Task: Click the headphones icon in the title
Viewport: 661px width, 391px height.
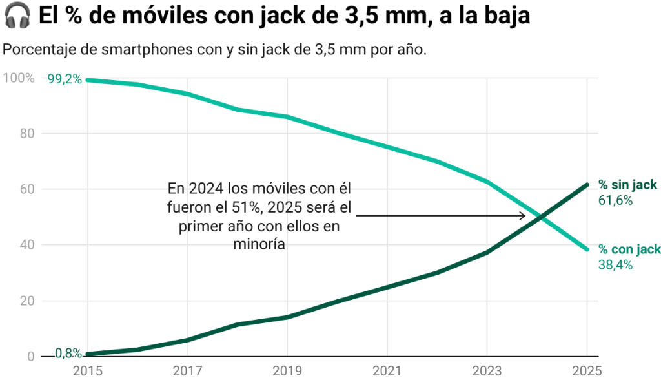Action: click(17, 16)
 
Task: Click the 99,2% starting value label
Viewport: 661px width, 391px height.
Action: click(65, 79)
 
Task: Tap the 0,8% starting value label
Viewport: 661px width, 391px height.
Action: click(68, 353)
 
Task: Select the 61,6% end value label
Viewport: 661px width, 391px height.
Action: click(615, 200)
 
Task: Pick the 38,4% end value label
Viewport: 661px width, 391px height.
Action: click(615, 264)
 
